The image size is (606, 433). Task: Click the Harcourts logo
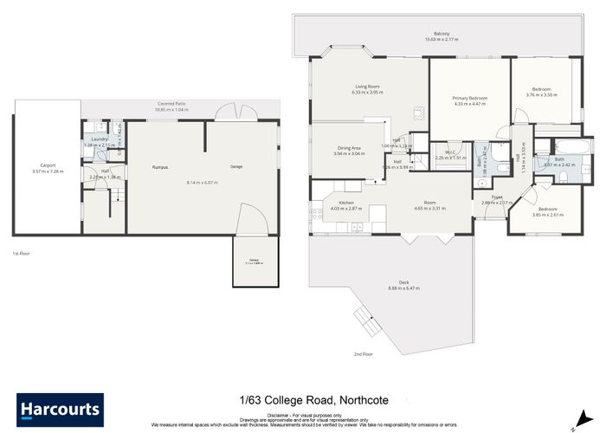click(x=60, y=406)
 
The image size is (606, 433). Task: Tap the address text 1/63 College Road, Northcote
click(x=301, y=399)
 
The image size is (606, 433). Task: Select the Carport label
click(x=48, y=165)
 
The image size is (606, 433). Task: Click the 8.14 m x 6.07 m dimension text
click(x=202, y=183)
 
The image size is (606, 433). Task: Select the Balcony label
click(x=442, y=34)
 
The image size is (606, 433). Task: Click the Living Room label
click(x=368, y=86)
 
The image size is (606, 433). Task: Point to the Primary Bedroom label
click(x=470, y=98)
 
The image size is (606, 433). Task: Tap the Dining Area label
click(x=350, y=147)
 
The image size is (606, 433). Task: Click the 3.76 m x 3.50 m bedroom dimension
click(x=541, y=94)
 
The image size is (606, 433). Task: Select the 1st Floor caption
click(x=22, y=253)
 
